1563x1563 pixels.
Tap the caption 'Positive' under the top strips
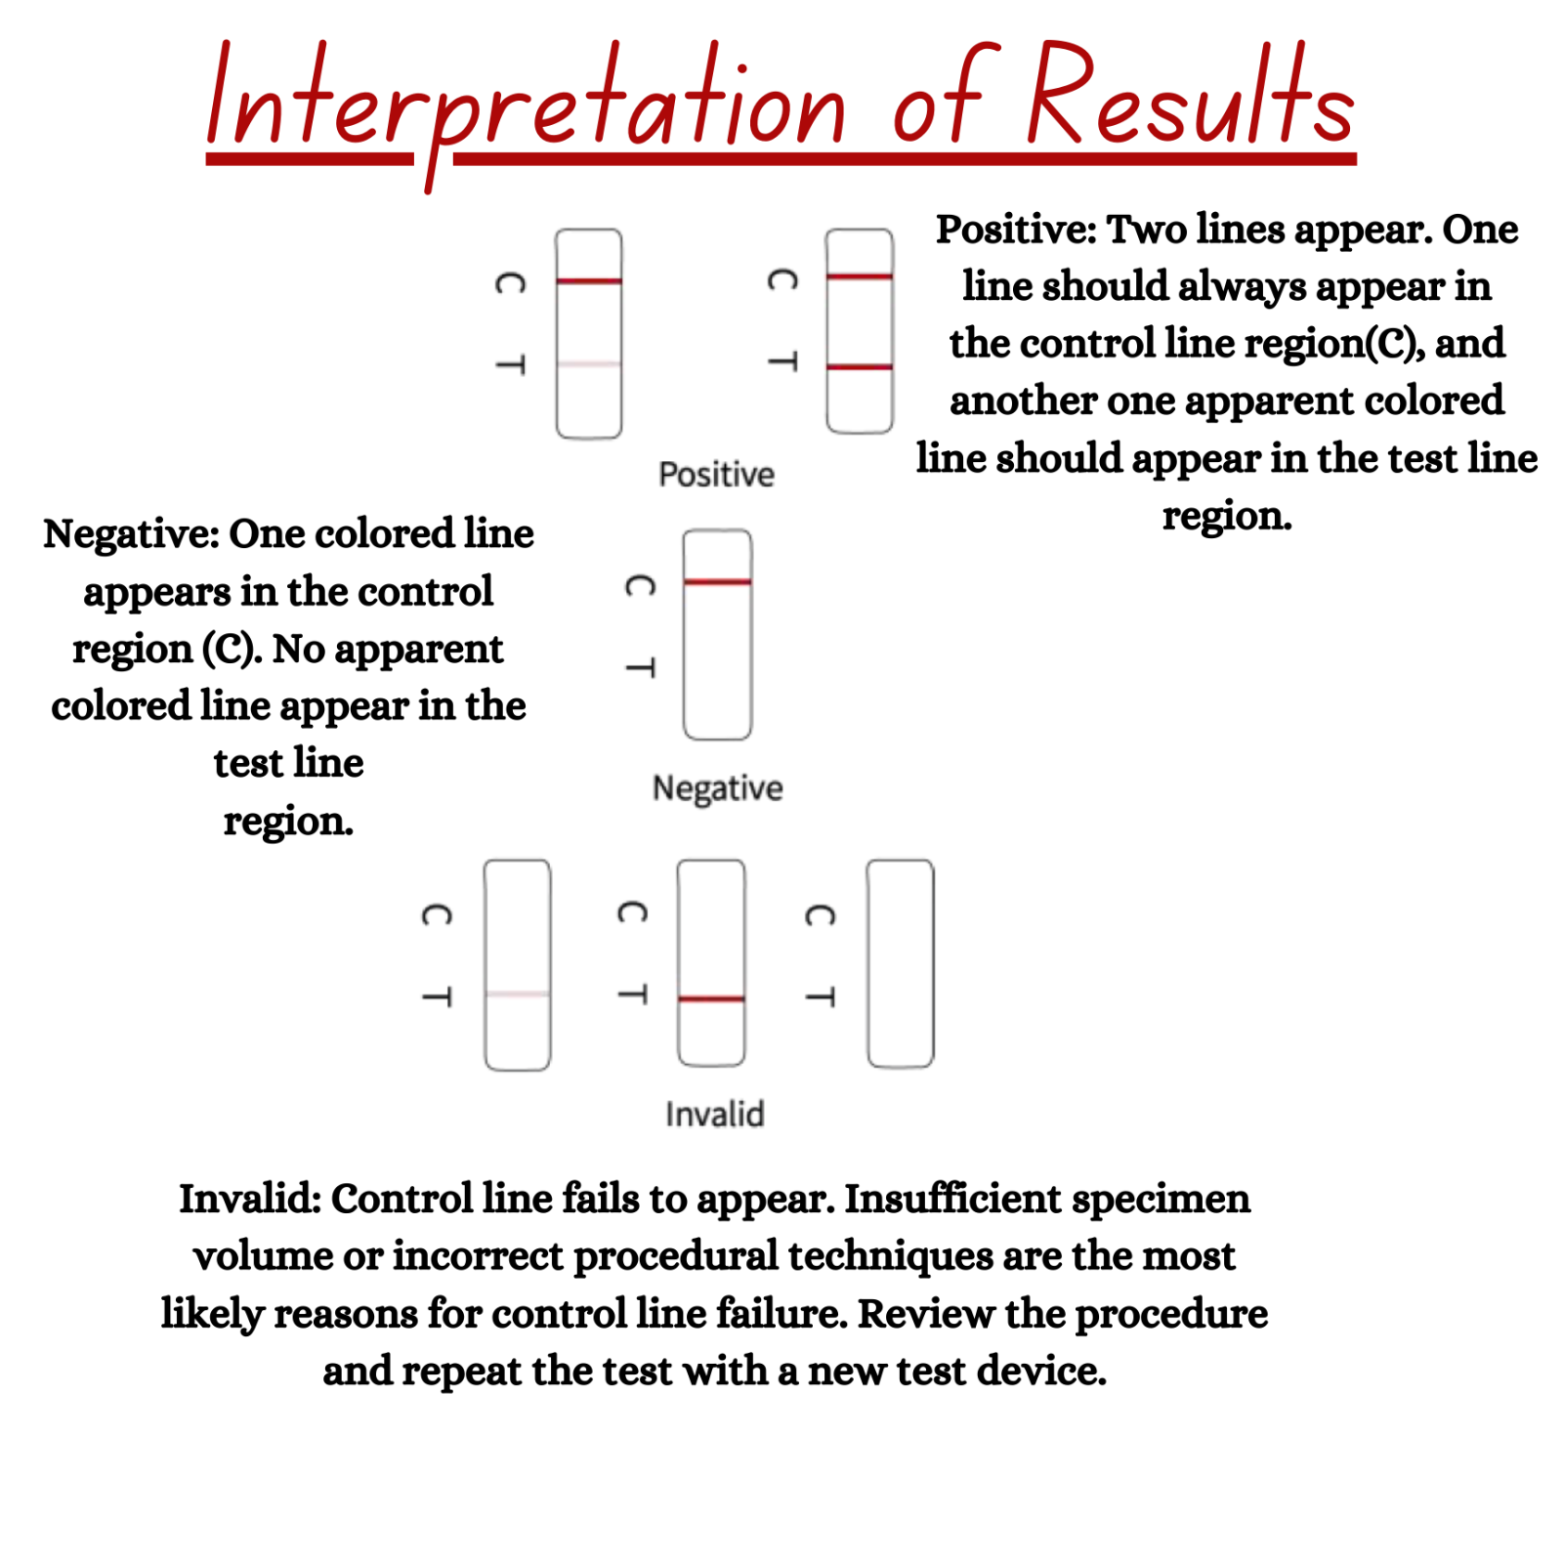[x=716, y=475]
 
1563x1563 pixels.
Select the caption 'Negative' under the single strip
[x=717, y=788]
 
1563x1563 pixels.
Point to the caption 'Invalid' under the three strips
[x=714, y=1114]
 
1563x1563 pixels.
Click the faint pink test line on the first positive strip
[x=588, y=364]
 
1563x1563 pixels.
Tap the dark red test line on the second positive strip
[x=859, y=367]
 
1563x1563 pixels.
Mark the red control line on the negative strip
[x=717, y=582]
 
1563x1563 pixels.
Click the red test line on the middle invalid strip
[x=711, y=998]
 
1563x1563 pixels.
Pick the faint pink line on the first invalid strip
[x=517, y=994]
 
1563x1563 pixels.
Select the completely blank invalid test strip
[x=900, y=964]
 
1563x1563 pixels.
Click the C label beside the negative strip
[x=640, y=586]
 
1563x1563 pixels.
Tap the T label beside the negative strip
[x=640, y=668]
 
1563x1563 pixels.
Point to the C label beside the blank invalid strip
[x=820, y=915]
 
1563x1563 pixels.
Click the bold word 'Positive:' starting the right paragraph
[x=1016, y=231]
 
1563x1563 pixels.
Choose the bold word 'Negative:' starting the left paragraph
[x=130, y=534]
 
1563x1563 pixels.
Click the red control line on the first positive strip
[x=588, y=281]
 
